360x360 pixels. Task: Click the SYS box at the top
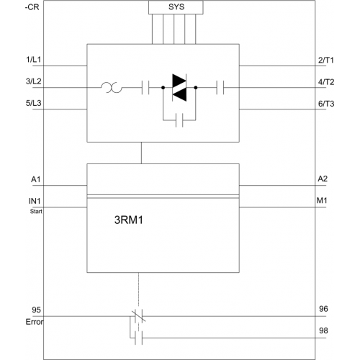176,7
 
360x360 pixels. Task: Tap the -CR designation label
32,7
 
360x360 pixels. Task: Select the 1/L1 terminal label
33,60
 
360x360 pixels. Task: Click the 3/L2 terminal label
33,81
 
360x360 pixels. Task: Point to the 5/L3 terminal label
33,103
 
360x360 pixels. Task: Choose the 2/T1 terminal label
326,60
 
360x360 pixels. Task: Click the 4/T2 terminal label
326,82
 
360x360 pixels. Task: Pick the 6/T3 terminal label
326,104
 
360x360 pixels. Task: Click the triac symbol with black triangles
179,88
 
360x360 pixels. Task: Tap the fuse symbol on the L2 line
112,88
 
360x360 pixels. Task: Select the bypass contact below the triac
179,120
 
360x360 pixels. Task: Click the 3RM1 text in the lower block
129,220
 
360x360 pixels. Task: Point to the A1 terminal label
36,179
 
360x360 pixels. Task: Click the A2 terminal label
323,179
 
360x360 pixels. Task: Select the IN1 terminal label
35,201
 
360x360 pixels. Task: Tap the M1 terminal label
322,200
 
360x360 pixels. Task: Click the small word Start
36,212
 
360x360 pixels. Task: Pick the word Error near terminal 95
35,322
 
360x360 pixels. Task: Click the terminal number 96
323,309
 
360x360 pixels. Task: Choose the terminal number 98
323,330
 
